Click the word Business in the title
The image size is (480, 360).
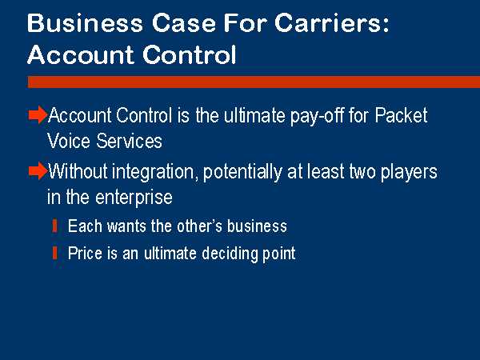[x=85, y=23]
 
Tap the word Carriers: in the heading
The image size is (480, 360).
[x=332, y=23]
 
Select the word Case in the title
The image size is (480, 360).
[x=184, y=23]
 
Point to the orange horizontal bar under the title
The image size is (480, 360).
[x=254, y=82]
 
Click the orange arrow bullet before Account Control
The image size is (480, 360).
[x=38, y=115]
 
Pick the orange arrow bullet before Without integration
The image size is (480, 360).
[x=38, y=171]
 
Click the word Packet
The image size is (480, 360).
[x=402, y=115]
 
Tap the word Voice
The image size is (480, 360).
[x=69, y=141]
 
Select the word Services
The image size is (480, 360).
[x=129, y=141]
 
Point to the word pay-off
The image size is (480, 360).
[x=317, y=116]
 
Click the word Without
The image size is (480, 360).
[x=78, y=171]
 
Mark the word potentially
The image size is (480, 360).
[x=242, y=172]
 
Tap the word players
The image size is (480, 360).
[x=409, y=172]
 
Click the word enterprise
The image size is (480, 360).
[x=134, y=198]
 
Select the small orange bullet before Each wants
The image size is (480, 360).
[x=54, y=226]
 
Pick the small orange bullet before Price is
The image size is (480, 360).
[x=54, y=253]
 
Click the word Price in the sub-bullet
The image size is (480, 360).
[x=85, y=253]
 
